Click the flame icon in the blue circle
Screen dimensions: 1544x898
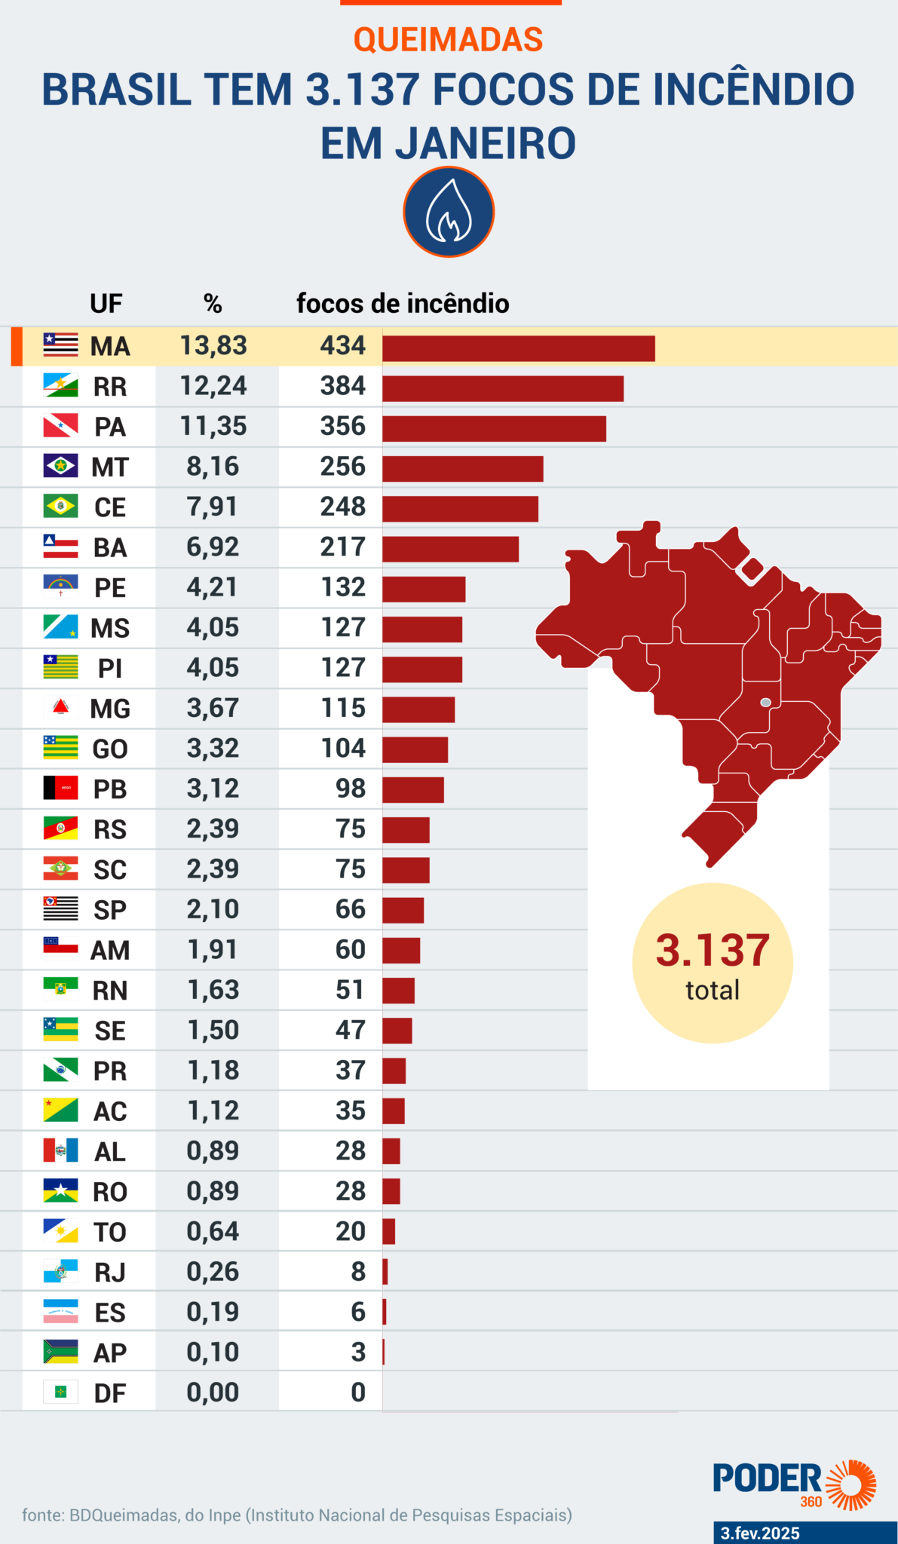pos(449,212)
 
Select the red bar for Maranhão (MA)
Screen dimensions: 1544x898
pos(518,348)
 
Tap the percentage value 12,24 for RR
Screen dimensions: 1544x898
pos(213,386)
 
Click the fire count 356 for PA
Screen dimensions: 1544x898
pos(342,426)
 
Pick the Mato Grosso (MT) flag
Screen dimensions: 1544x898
pos(60,466)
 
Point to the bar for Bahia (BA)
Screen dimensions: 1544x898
pos(450,549)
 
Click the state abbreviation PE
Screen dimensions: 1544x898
pos(110,588)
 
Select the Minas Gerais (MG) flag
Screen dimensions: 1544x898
pos(60,707)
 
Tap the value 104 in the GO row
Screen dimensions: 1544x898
pos(342,749)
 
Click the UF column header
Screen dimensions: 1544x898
pos(106,304)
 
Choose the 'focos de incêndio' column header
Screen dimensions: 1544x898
pos(403,304)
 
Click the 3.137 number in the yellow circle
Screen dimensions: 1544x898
pos(712,951)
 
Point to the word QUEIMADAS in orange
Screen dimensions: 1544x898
pos(448,40)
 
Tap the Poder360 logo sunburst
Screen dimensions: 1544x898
pos(851,1484)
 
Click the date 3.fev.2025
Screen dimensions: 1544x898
pos(760,1533)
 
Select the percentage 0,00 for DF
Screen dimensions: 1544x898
pos(213,1392)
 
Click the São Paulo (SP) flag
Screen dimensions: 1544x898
pos(60,908)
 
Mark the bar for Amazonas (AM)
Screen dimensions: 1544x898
pos(401,951)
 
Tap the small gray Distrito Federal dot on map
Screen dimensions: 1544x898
pos(765,703)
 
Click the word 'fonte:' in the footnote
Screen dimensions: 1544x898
pos(43,1515)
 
